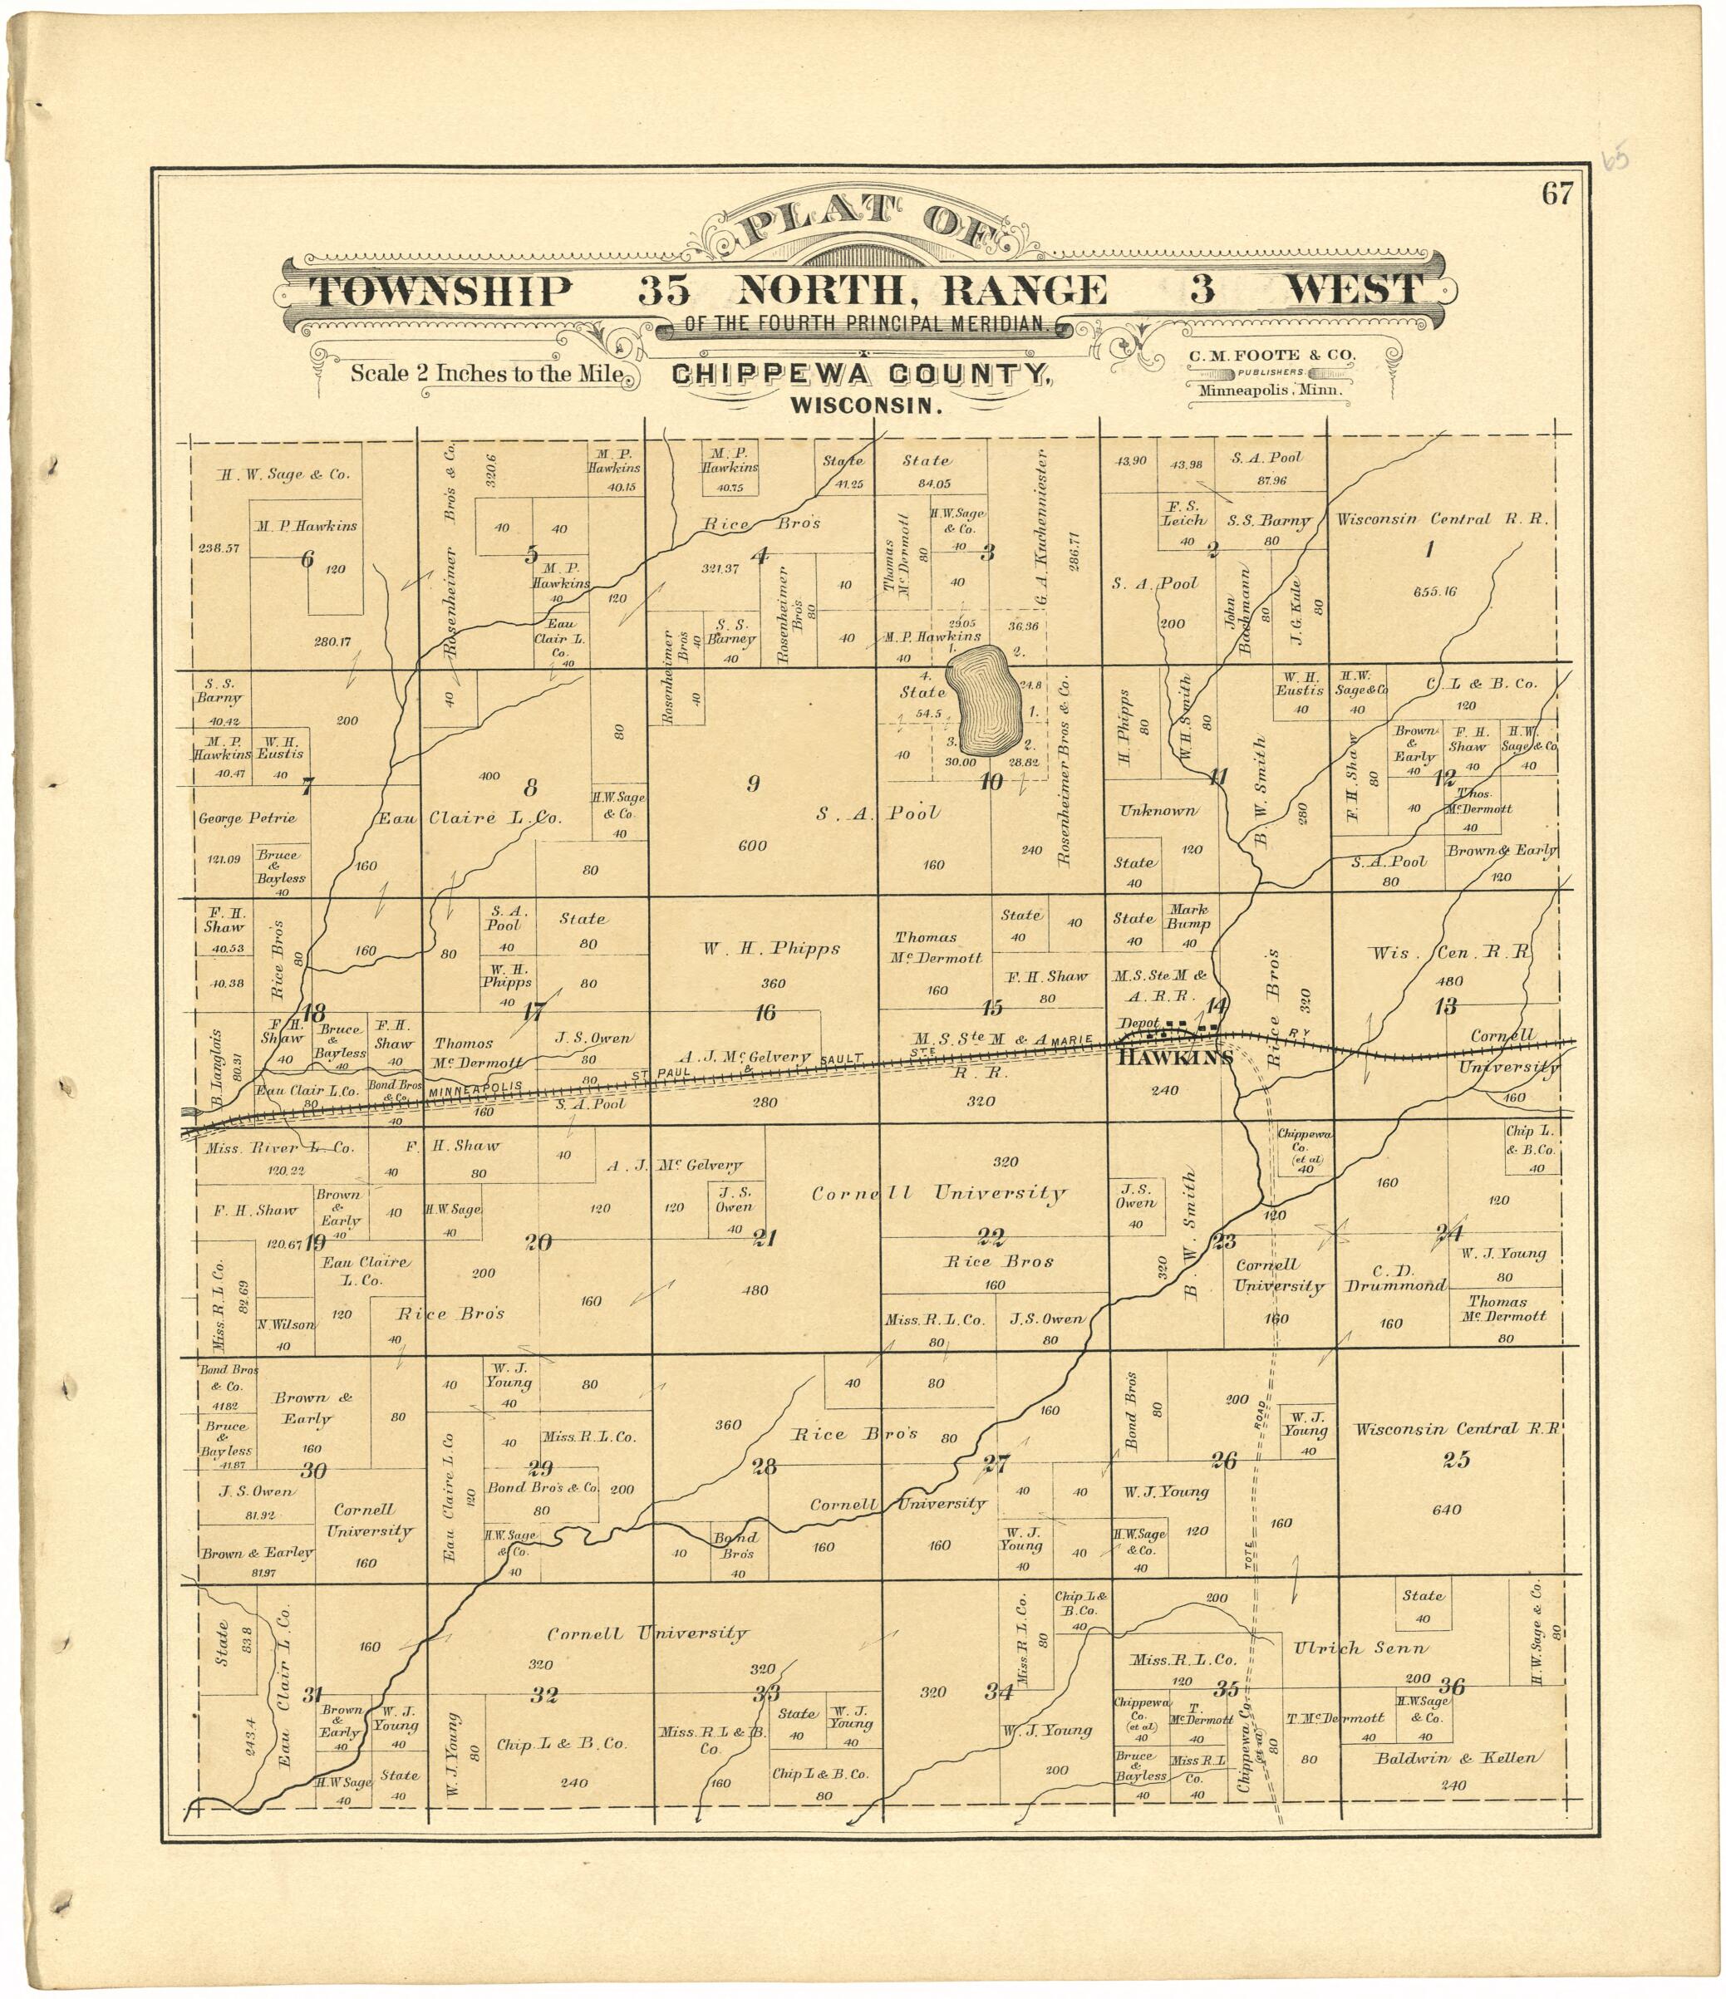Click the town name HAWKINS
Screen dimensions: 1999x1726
pos(1174,1058)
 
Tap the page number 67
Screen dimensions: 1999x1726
pos(1556,195)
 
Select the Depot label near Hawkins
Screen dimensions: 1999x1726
pos(1138,1023)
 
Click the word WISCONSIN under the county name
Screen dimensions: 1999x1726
pos(865,407)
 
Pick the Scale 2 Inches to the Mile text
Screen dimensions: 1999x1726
pos(486,373)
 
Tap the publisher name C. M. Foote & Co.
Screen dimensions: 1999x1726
pos(1271,355)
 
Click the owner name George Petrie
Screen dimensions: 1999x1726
pos(247,818)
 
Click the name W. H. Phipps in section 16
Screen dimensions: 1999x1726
pos(771,948)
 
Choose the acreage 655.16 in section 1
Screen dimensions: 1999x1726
pos(1434,592)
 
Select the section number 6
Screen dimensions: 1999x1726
pos(307,557)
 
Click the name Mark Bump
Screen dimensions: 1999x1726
pos(1188,916)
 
